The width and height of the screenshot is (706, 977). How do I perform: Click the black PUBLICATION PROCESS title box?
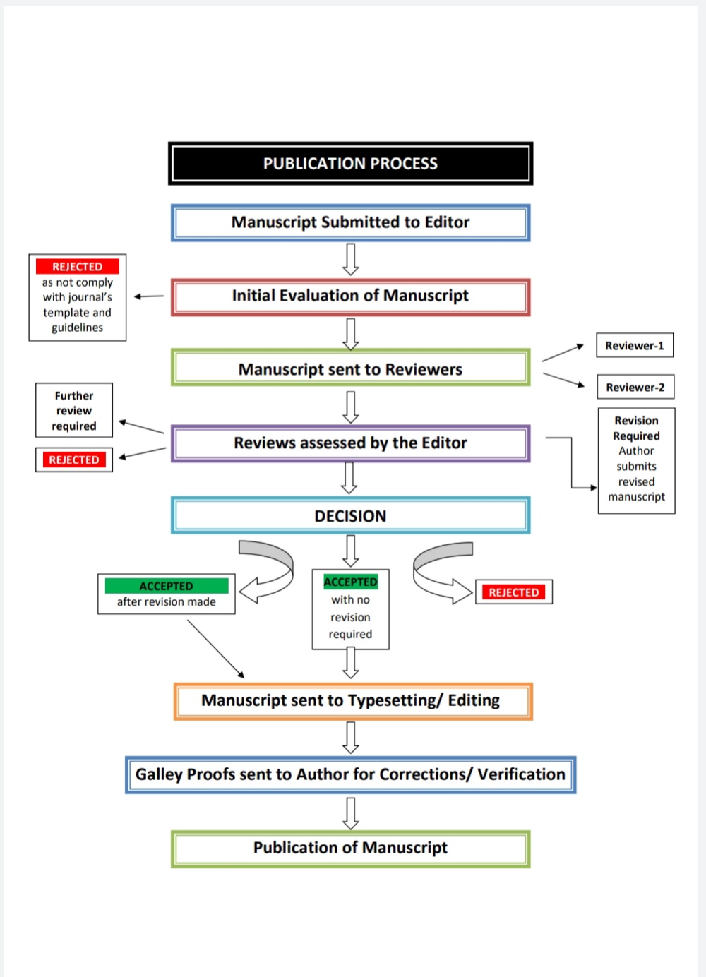coord(350,164)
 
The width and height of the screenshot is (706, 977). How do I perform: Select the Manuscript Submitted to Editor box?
coord(350,223)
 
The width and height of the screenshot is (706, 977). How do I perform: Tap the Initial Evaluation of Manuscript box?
coord(350,296)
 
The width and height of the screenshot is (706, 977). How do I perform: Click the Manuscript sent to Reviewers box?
coord(350,369)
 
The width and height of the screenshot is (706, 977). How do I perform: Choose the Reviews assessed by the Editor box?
coord(350,443)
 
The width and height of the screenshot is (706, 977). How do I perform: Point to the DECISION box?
coord(350,516)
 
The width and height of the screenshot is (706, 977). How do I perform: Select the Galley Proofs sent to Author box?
coord(350,775)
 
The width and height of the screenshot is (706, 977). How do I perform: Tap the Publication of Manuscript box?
coord(350,848)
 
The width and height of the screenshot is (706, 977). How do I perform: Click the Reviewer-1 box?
coord(634,346)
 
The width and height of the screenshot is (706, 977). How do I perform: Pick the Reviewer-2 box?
coord(635,388)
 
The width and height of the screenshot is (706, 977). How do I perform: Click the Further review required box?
coord(74,411)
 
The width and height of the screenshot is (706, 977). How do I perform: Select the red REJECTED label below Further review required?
coord(74,460)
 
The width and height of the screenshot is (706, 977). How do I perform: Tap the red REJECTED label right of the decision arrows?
coord(513,592)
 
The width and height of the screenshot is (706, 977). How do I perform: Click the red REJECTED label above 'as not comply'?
coord(78,267)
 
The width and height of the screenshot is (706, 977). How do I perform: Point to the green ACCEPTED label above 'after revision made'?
coord(166,586)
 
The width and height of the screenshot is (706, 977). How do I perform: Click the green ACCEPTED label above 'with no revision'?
coord(350,582)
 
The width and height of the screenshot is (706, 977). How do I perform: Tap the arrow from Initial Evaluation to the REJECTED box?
coord(148,296)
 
